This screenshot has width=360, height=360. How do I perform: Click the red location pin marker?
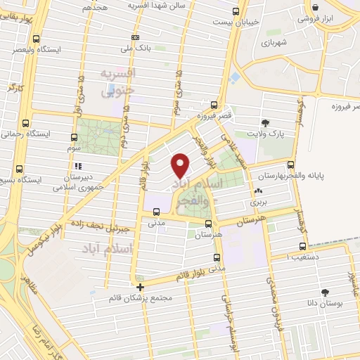tap(181, 165)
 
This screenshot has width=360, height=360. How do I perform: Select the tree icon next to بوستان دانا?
tap(325, 292)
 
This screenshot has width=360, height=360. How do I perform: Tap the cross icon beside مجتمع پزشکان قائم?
tap(141, 287)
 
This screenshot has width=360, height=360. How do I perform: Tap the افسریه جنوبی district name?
tap(117, 82)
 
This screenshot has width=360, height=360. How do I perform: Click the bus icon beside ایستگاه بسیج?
tap(18, 169)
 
